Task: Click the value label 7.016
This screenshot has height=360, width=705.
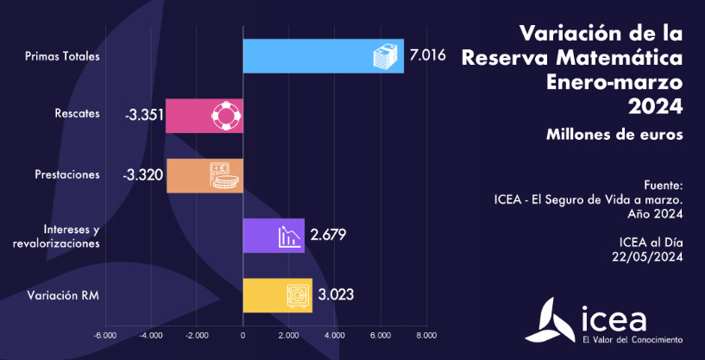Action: point(427,56)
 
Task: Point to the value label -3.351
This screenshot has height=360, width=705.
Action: point(143,116)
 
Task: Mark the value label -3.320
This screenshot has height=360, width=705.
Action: point(143,175)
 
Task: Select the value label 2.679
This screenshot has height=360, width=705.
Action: point(328,235)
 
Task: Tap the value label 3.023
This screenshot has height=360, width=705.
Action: point(336,294)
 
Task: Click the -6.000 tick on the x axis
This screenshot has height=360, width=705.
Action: point(106,334)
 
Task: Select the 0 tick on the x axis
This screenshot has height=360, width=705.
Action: point(242,334)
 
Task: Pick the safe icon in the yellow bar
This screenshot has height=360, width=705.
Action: point(297,295)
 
